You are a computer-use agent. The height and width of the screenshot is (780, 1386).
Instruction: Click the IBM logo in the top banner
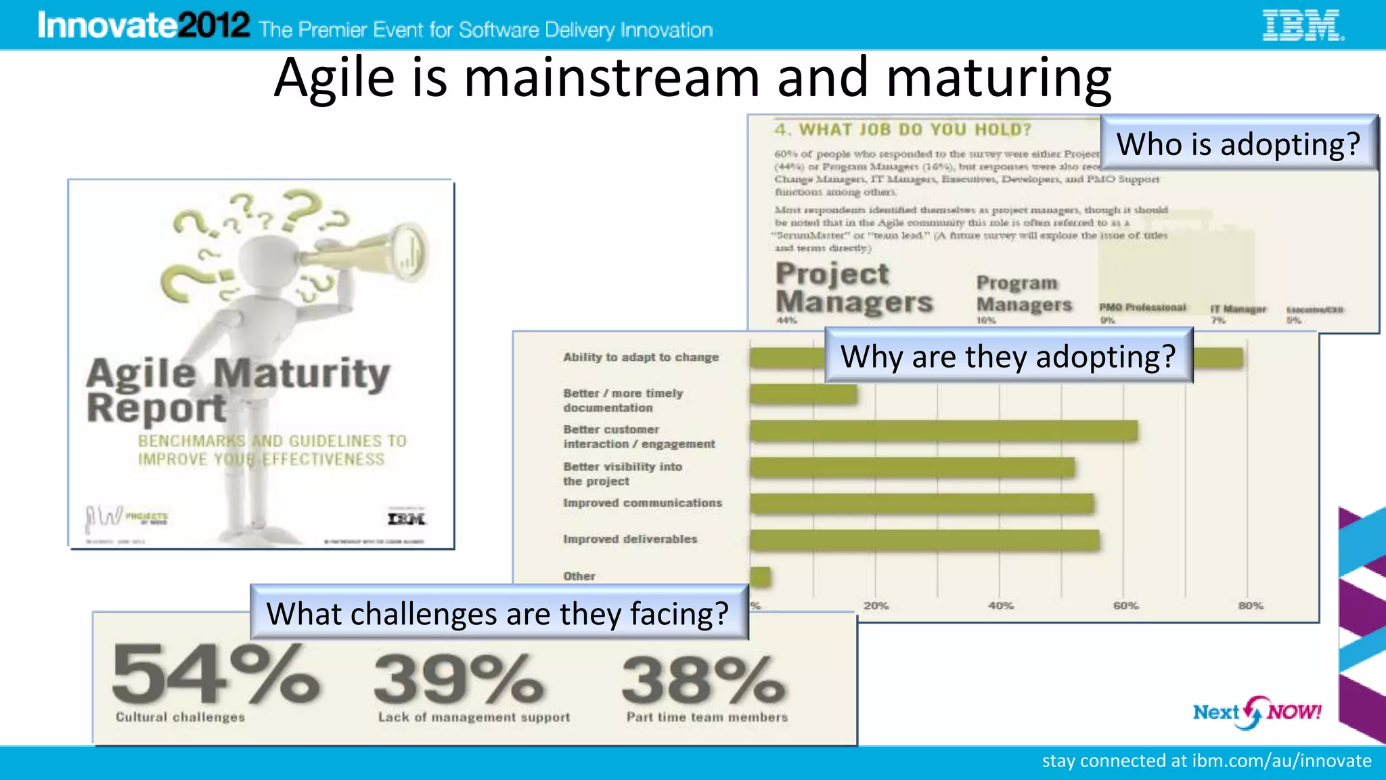pos(1303,26)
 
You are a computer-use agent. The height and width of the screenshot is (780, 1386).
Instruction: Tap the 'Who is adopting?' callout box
pos(1238,143)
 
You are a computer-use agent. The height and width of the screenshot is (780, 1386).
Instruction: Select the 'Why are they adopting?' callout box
pos(1008,356)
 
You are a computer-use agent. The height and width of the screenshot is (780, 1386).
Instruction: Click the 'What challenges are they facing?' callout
pos(499,613)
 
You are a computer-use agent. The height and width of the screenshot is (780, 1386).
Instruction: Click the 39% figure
pos(459,678)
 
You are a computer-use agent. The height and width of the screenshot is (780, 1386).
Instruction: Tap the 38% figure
pos(704,678)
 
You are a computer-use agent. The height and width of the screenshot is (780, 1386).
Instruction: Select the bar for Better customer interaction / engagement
pos(943,431)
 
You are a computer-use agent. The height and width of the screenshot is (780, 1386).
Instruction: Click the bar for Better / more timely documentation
pos(803,395)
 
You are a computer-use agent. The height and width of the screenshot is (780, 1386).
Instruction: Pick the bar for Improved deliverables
pos(924,540)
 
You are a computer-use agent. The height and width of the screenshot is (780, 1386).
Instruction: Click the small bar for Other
pos(760,577)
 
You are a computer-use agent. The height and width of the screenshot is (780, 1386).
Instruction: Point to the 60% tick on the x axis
pos(1125,605)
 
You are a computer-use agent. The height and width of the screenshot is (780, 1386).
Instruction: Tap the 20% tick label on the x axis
pos(876,605)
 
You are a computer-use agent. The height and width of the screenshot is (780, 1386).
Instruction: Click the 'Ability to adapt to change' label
pos(641,357)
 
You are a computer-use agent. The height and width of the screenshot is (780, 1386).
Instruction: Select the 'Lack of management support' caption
pos(474,717)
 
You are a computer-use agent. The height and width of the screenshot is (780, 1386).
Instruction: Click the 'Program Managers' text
pos(1023,294)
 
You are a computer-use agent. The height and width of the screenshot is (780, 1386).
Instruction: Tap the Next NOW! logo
pos(1257,712)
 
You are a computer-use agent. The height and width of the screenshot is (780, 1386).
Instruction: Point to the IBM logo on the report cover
pos(406,519)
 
